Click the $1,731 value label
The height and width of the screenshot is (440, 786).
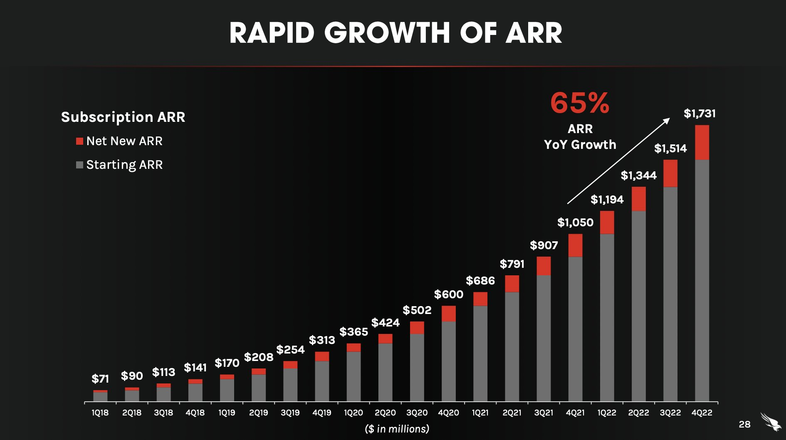699,114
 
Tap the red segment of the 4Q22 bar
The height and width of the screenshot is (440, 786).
702,142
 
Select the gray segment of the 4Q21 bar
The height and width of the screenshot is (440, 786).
575,329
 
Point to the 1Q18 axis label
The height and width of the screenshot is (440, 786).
100,413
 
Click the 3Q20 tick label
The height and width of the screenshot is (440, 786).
417,413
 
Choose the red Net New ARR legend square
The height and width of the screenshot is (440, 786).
79,141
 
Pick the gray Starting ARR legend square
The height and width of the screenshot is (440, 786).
79,165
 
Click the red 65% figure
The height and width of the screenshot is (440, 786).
580,103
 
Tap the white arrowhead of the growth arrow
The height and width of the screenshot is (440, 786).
666,121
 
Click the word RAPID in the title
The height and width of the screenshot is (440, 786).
272,33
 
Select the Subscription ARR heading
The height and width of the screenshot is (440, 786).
123,117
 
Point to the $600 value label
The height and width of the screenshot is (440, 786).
448,294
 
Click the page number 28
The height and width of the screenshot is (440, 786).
744,424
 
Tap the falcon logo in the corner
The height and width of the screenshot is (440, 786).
771,422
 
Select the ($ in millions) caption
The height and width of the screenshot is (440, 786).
397,429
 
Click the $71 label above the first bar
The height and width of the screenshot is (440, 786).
100,379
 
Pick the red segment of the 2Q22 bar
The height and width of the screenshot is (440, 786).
639,199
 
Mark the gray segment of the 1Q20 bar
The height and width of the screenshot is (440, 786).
353,376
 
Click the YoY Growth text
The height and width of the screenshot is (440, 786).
580,145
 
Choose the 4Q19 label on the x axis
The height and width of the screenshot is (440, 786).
322,413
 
